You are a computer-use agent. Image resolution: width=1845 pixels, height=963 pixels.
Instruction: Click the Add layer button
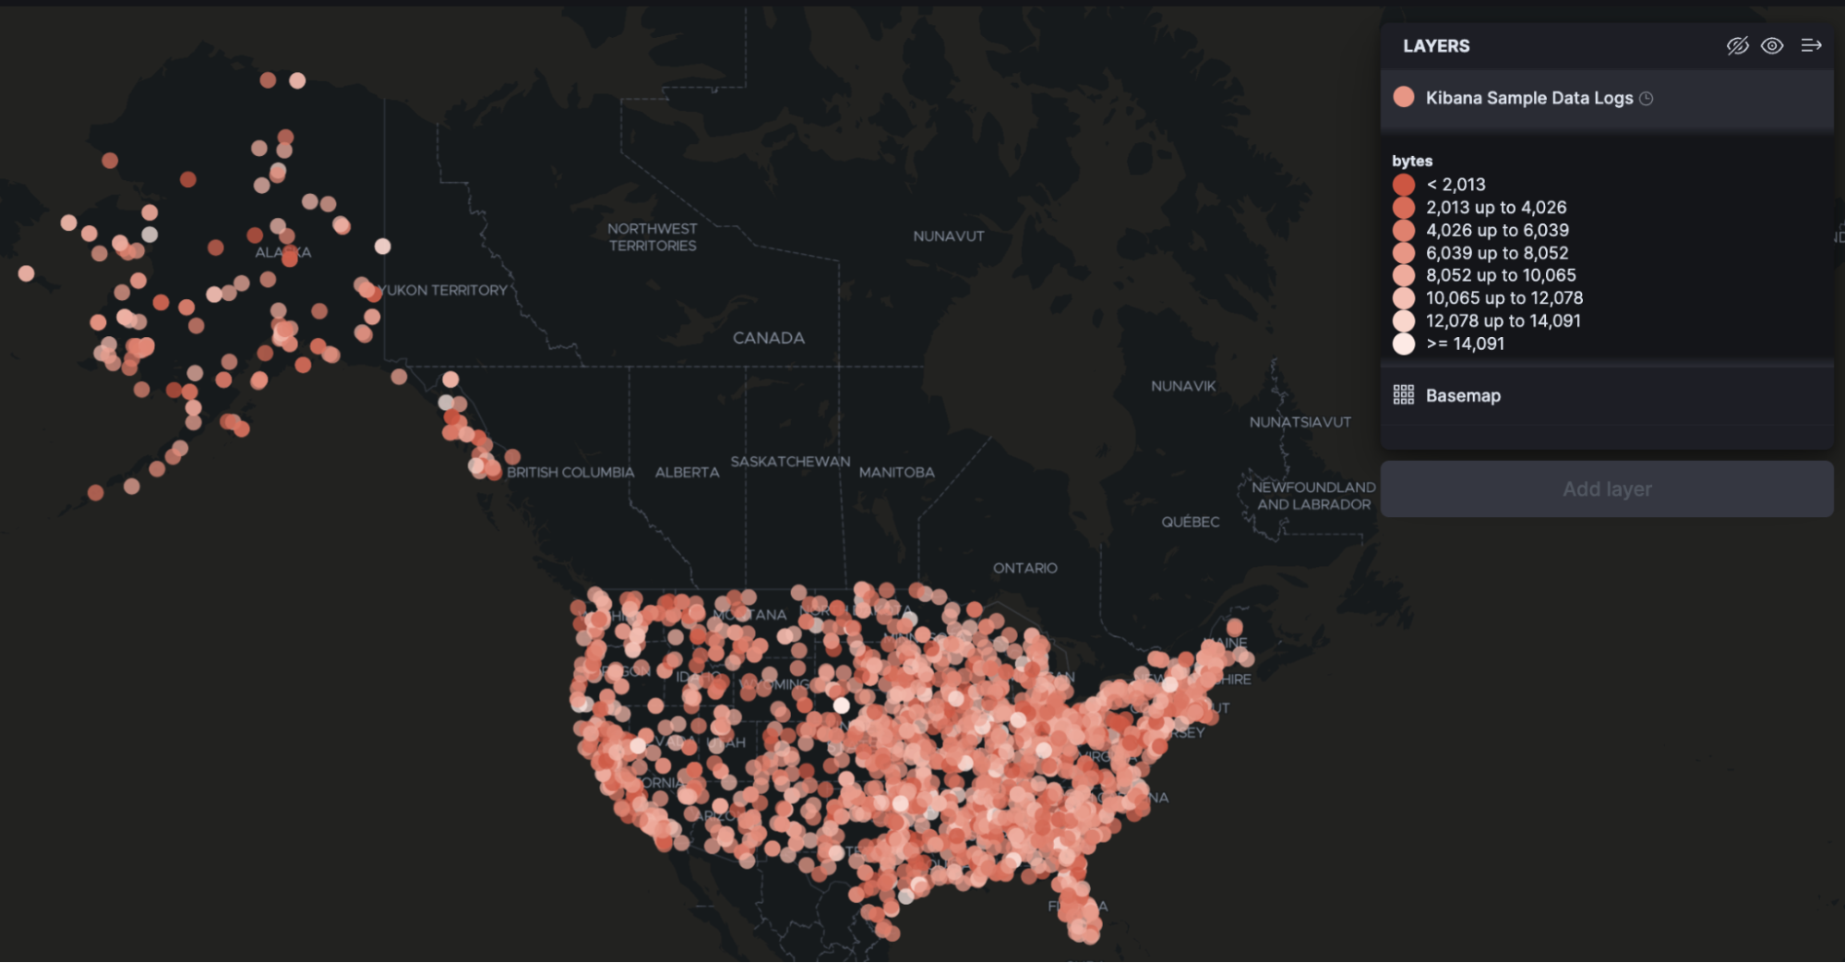point(1606,489)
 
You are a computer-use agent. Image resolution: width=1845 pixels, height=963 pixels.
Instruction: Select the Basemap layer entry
point(1462,396)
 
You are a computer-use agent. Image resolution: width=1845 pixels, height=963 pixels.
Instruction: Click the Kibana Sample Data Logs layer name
point(1528,98)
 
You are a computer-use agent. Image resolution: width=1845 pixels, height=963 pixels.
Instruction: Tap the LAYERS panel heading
point(1436,46)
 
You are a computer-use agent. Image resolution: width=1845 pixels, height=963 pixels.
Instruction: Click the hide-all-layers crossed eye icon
point(1737,46)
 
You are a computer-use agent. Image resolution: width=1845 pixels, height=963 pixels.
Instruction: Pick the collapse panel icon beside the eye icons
point(1811,46)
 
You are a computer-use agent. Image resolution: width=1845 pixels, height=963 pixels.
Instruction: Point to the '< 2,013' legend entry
point(1456,185)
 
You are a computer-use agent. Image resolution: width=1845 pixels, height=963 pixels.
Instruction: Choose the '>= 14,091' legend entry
point(1465,343)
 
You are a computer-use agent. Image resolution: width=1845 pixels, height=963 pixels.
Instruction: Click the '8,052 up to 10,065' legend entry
point(1500,275)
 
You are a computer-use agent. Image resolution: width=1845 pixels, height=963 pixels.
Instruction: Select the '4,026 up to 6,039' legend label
point(1496,230)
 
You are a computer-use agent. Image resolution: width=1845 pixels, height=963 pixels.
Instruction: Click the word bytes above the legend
point(1412,161)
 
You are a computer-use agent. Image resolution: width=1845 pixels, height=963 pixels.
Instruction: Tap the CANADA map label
point(768,338)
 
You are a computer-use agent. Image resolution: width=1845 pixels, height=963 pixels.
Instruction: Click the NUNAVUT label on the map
point(948,236)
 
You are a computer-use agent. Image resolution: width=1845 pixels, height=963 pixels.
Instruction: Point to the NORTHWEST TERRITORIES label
point(652,237)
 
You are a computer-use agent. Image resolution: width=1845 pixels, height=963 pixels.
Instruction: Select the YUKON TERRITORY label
point(444,290)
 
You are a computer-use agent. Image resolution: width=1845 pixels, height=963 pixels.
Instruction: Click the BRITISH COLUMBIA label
point(570,473)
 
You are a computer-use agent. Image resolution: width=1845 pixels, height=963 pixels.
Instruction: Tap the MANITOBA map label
point(896,473)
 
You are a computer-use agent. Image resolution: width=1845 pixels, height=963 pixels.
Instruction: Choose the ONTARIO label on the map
point(1024,568)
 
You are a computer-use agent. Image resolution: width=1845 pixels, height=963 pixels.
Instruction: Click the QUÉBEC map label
point(1190,522)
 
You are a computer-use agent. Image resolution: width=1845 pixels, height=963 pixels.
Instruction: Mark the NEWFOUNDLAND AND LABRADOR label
point(1312,496)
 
